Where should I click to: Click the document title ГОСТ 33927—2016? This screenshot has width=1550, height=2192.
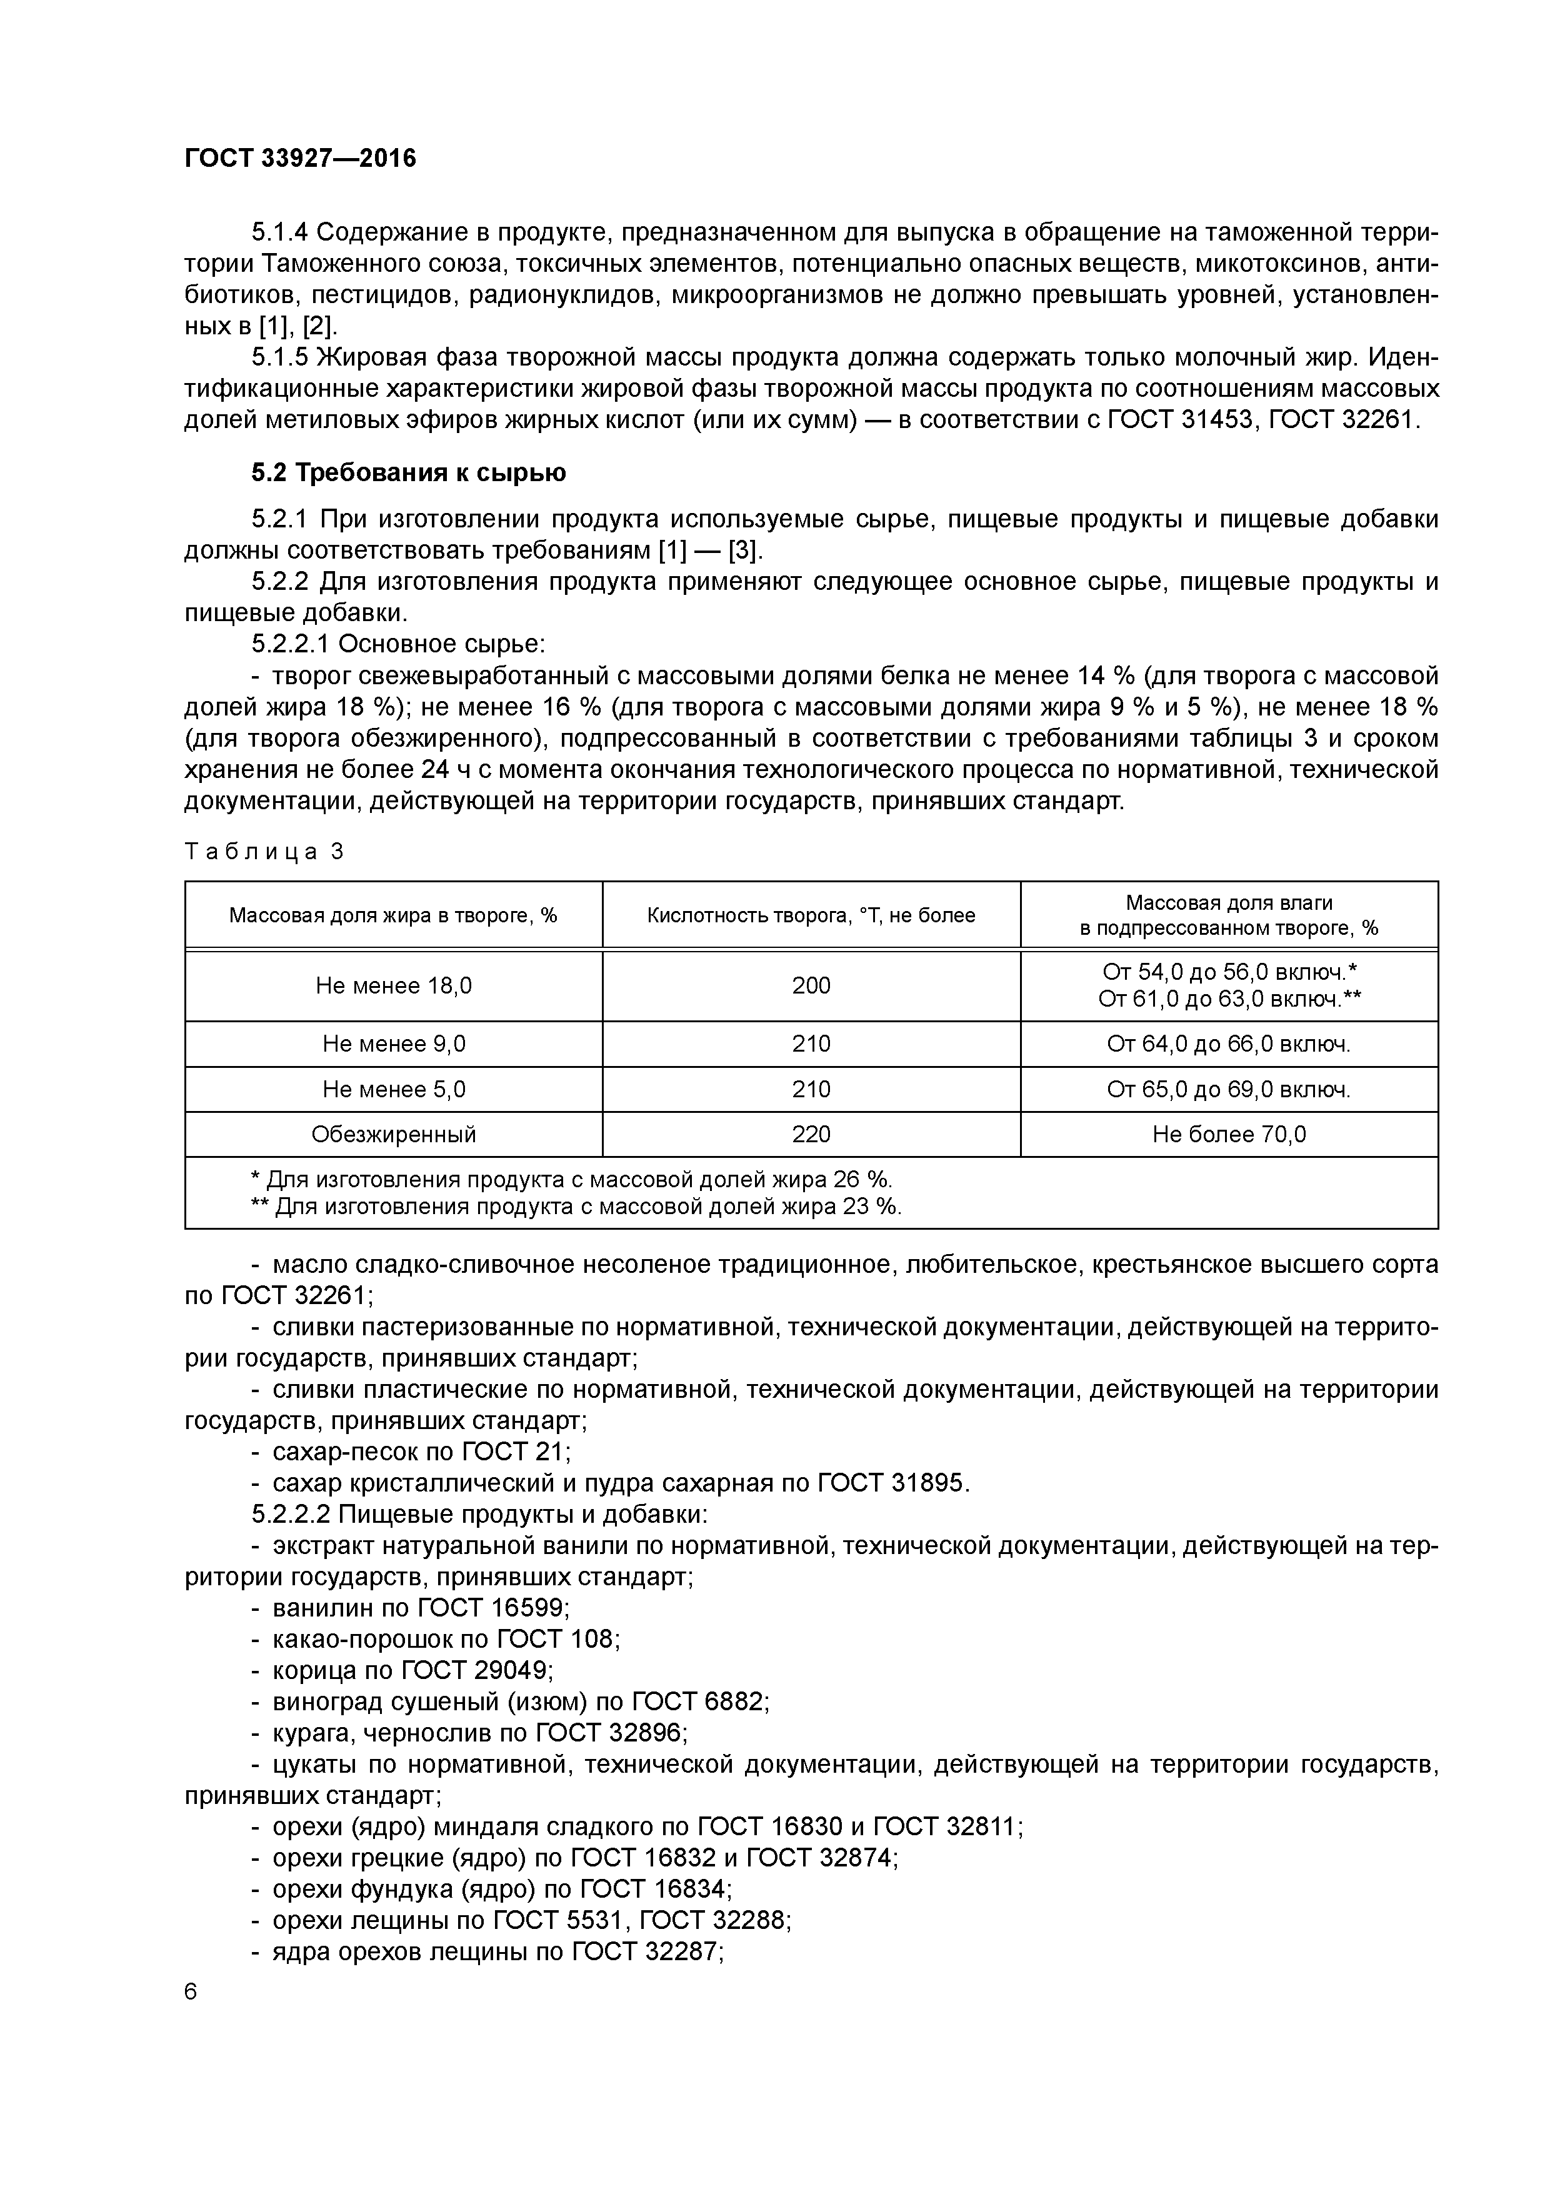300,159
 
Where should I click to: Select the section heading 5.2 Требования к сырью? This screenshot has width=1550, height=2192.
409,472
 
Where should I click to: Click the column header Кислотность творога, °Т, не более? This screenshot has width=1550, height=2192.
811,915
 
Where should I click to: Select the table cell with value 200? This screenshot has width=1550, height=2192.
811,985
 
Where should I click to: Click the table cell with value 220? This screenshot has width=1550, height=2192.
811,1134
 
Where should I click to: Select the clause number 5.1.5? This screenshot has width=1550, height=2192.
280,357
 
